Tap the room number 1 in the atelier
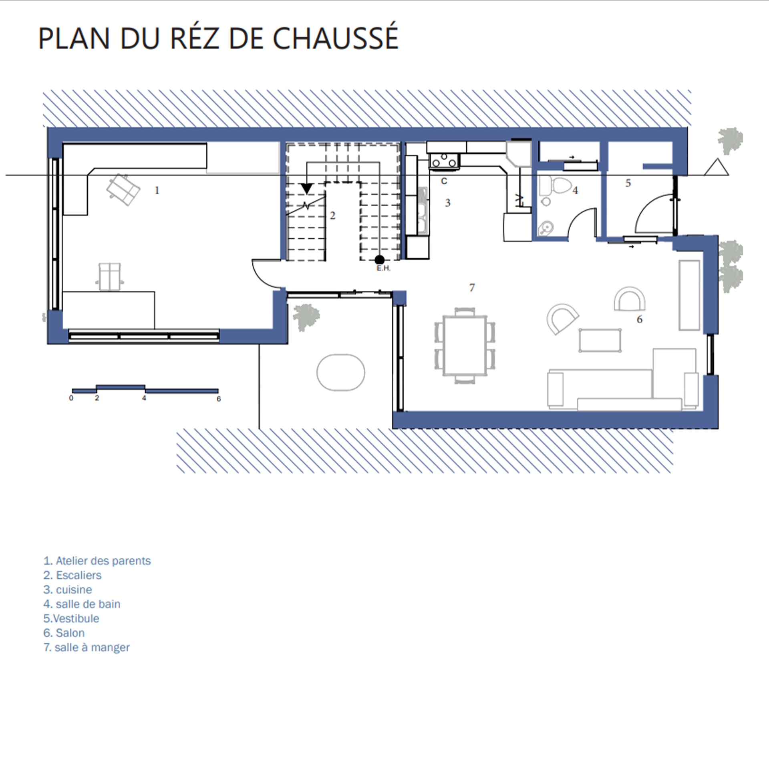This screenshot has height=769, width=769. click(x=157, y=190)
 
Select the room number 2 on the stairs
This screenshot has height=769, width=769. click(x=332, y=216)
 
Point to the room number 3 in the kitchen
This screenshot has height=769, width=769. click(x=448, y=203)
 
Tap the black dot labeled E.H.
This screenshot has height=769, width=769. click(x=380, y=260)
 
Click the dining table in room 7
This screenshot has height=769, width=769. click(x=465, y=345)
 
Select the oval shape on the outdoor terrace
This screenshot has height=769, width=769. click(x=341, y=372)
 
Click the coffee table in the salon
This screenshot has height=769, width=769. click(x=600, y=340)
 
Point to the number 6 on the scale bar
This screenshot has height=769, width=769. click(x=219, y=399)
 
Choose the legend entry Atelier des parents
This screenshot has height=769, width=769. click(x=97, y=561)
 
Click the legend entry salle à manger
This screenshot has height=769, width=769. click(x=87, y=647)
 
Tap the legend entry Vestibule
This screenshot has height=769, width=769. click(x=71, y=618)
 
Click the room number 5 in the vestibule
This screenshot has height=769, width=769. click(x=628, y=183)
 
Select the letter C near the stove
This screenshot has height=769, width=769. click(x=444, y=181)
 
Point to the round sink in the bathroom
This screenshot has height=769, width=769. click(x=545, y=229)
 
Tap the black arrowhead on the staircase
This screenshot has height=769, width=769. click(x=307, y=189)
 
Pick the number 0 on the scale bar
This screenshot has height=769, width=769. click(x=71, y=398)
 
